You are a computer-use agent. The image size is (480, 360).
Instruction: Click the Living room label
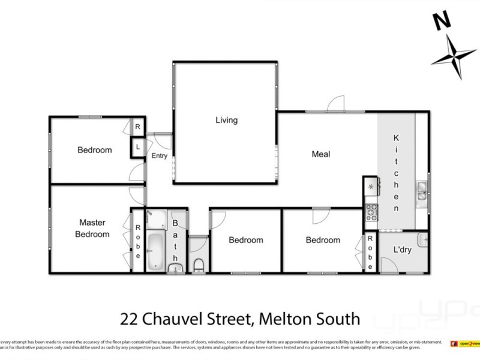(x=226, y=120)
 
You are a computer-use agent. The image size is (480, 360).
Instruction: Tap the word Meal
(x=320, y=154)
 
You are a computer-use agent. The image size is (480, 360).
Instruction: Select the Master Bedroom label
(x=92, y=229)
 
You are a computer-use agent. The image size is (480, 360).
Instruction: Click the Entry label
(x=159, y=156)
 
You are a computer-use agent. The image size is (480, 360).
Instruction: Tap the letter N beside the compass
(x=442, y=21)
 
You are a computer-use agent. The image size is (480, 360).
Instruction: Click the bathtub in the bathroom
(x=155, y=251)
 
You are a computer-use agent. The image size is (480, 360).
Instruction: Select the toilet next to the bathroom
(x=199, y=264)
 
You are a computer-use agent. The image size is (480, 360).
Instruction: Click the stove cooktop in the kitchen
(x=371, y=211)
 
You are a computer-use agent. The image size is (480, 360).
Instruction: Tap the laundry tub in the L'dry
(x=424, y=239)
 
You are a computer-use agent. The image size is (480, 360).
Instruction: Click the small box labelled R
(x=137, y=127)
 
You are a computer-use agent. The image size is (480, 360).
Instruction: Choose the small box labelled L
(x=137, y=147)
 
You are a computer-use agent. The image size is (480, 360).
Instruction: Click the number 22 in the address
(x=130, y=318)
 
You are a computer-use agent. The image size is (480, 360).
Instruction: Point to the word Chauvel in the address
(x=176, y=318)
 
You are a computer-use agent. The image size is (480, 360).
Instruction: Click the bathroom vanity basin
(x=176, y=268)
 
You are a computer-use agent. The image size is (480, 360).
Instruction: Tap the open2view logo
(x=466, y=343)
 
